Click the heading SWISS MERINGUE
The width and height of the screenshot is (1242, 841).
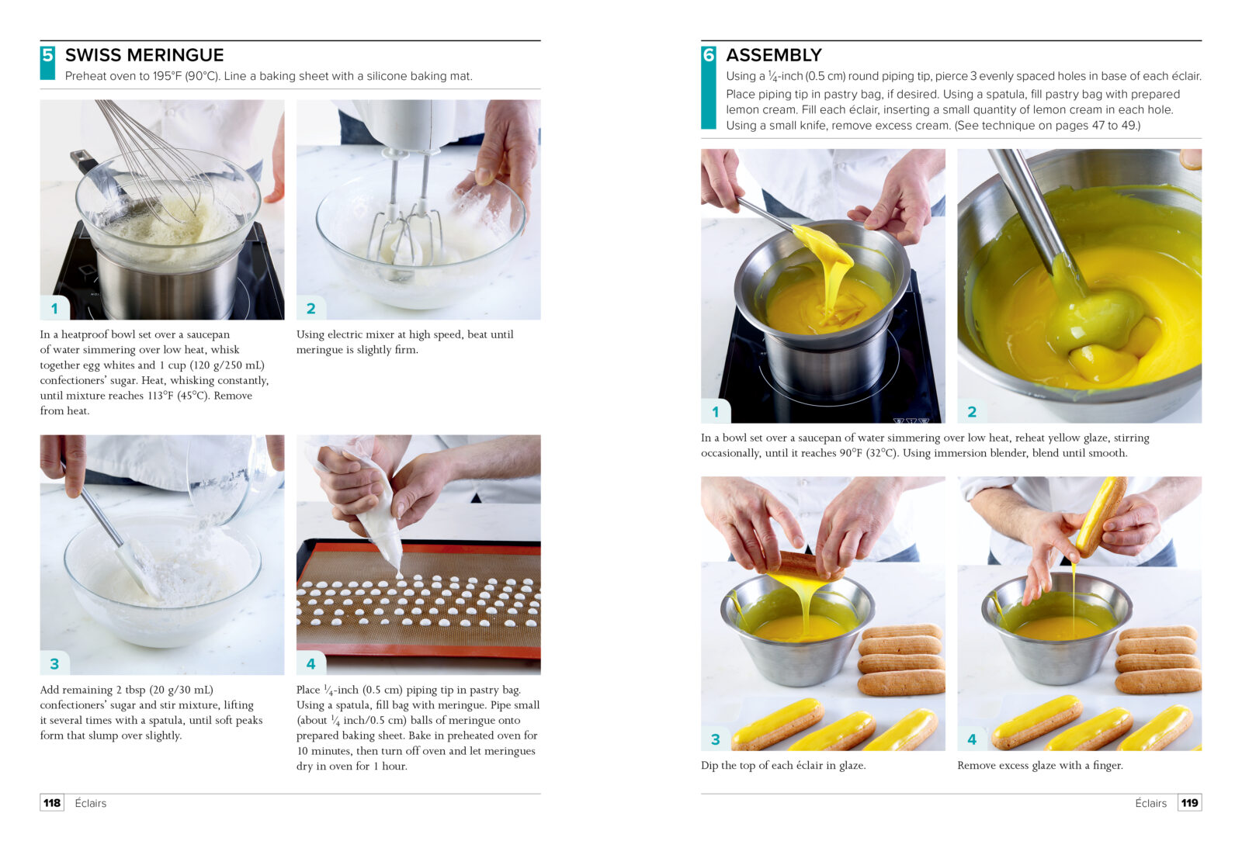click(x=144, y=55)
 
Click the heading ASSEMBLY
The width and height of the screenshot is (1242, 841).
click(x=773, y=55)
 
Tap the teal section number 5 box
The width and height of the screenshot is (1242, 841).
click(x=47, y=63)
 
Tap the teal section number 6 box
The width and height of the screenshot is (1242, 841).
click(x=709, y=88)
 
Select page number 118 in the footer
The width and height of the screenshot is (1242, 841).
click(x=52, y=803)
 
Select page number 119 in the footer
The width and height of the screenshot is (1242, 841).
click(x=1189, y=803)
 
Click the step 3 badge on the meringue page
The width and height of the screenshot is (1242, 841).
click(x=54, y=663)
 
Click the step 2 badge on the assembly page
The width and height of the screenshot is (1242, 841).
click(x=971, y=412)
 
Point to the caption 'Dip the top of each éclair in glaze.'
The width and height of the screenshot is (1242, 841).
click(x=783, y=766)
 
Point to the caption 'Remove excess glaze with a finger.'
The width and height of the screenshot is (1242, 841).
click(x=1040, y=766)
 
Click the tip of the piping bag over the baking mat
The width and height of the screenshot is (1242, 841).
click(x=398, y=572)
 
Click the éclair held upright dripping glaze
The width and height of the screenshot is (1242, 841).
click(x=1102, y=515)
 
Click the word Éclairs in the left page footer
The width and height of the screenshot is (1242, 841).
click(x=90, y=803)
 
